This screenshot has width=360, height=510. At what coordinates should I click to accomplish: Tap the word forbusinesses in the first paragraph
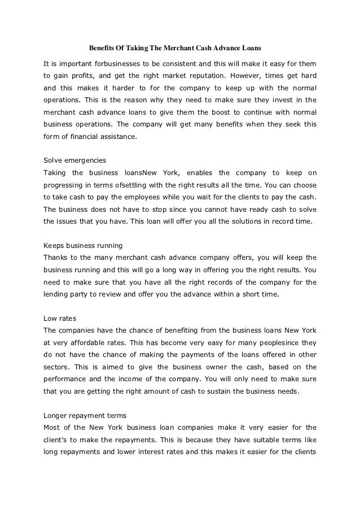click(110, 62)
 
